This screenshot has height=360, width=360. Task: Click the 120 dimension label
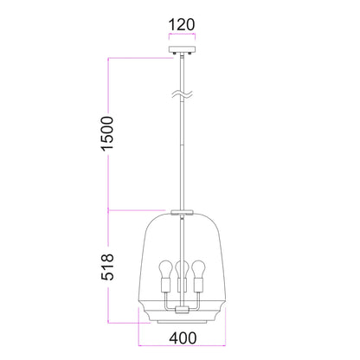pyautogui.click(x=182, y=24)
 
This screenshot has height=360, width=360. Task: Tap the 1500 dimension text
pyautogui.click(x=107, y=133)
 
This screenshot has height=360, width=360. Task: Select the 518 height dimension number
pyautogui.click(x=107, y=267)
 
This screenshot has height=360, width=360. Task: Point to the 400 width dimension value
pyautogui.click(x=183, y=338)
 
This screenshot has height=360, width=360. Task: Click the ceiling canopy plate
pyautogui.click(x=182, y=49)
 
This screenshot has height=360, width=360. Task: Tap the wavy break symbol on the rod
pyautogui.click(x=182, y=94)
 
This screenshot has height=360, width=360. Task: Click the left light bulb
pyautogui.click(x=164, y=268)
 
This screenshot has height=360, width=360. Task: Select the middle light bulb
pyautogui.click(x=182, y=269)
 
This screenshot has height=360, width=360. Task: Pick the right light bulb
pyautogui.click(x=199, y=268)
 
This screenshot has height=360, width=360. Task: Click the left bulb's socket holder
pyautogui.click(x=164, y=285)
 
